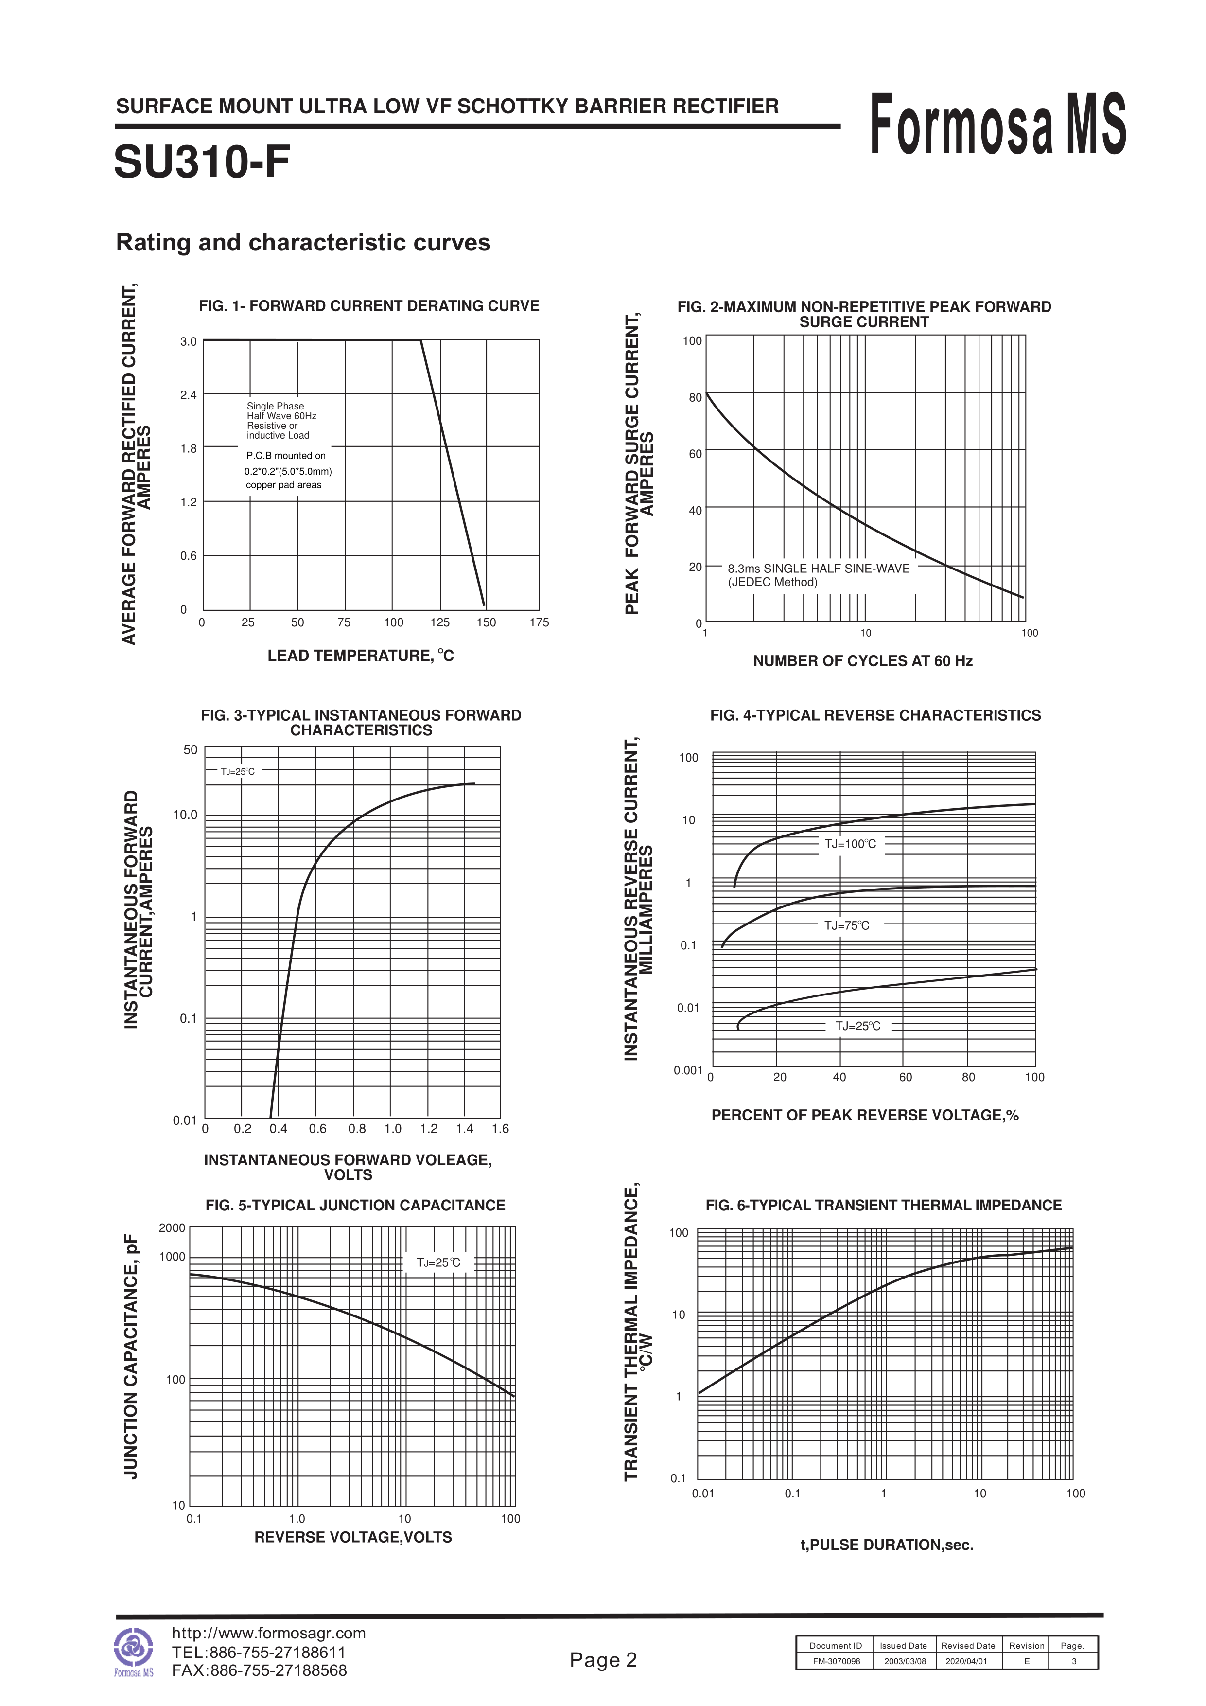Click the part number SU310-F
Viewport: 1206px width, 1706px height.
(202, 162)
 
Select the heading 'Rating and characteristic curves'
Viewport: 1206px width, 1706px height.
(303, 243)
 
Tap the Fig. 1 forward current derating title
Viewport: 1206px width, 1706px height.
(369, 306)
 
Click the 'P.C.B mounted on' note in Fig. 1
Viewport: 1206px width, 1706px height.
(286, 456)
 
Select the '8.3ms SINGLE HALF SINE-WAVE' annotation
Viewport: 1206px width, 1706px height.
(819, 569)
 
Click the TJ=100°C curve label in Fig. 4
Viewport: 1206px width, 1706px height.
(850, 844)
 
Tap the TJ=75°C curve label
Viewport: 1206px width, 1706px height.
(847, 926)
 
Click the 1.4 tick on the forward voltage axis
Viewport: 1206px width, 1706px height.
(464, 1129)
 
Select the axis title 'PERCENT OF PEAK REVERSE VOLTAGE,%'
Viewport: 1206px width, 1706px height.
(865, 1115)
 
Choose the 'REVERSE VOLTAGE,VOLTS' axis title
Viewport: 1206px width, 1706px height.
(353, 1537)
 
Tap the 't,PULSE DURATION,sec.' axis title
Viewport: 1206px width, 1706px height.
(887, 1545)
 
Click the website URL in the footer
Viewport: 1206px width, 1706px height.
(269, 1633)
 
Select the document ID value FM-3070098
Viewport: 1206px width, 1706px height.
(836, 1661)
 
